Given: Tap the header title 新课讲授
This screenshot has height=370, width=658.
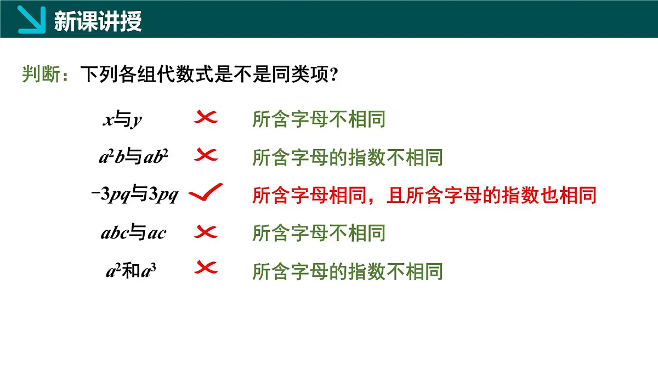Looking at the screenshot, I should tap(98, 21).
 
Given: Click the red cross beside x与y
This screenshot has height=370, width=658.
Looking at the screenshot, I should tap(206, 117).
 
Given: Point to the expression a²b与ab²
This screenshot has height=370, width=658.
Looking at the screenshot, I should tap(133, 157).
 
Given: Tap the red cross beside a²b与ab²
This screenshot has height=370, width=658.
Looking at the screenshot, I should tap(206, 156).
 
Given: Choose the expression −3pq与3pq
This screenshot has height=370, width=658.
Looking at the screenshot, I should tap(134, 195).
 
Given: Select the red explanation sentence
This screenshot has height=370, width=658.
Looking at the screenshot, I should tap(424, 195).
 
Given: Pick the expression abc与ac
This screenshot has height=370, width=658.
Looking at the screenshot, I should tap(133, 233).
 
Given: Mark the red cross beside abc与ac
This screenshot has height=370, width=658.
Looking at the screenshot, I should tap(206, 232).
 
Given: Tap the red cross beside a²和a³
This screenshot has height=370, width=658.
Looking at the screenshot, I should tap(206, 269).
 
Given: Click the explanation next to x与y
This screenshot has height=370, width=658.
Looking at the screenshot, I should tap(319, 119).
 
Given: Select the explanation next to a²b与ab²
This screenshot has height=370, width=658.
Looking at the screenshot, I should tap(347, 158).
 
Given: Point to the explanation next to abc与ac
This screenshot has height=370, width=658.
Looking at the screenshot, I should tap(319, 233).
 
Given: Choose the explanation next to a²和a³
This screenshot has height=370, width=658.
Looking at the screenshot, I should tap(347, 271).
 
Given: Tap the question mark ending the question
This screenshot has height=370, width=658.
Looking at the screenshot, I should tap(332, 75).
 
